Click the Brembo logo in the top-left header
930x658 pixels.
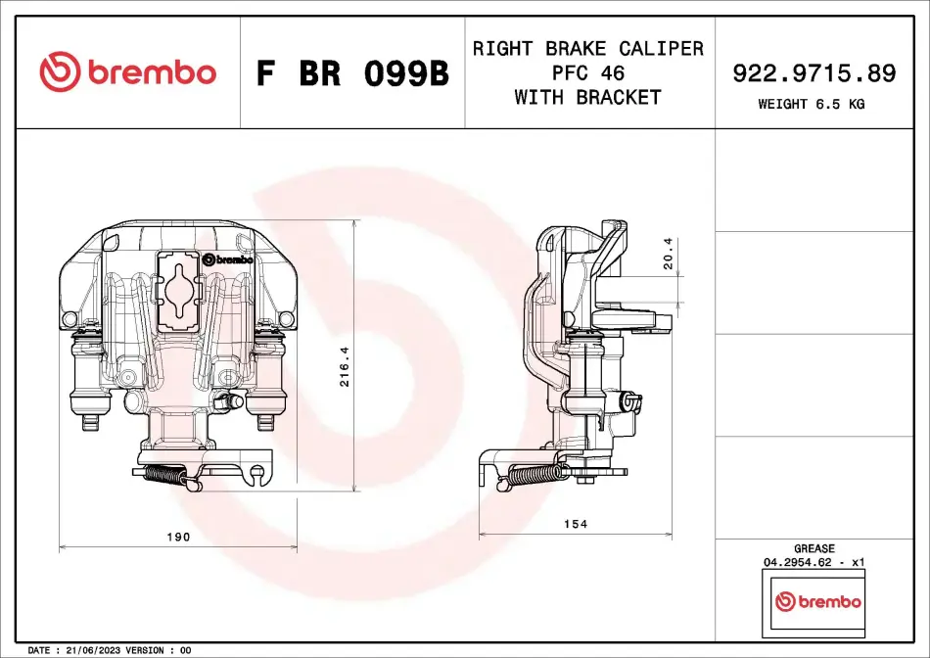[x=127, y=72]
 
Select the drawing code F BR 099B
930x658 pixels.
[x=352, y=73]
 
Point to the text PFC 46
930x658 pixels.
[x=588, y=72]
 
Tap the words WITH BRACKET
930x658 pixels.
[x=588, y=97]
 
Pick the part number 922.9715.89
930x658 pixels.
[x=814, y=72]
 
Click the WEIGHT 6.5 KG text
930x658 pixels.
[x=812, y=104]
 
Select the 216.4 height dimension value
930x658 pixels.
[x=345, y=366]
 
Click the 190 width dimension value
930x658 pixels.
[x=178, y=537]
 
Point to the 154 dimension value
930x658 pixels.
[x=576, y=524]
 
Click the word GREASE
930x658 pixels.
[x=814, y=549]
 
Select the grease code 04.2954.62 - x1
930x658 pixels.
[x=814, y=563]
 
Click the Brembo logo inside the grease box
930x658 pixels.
[x=817, y=601]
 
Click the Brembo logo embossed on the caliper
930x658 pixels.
[x=228, y=259]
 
